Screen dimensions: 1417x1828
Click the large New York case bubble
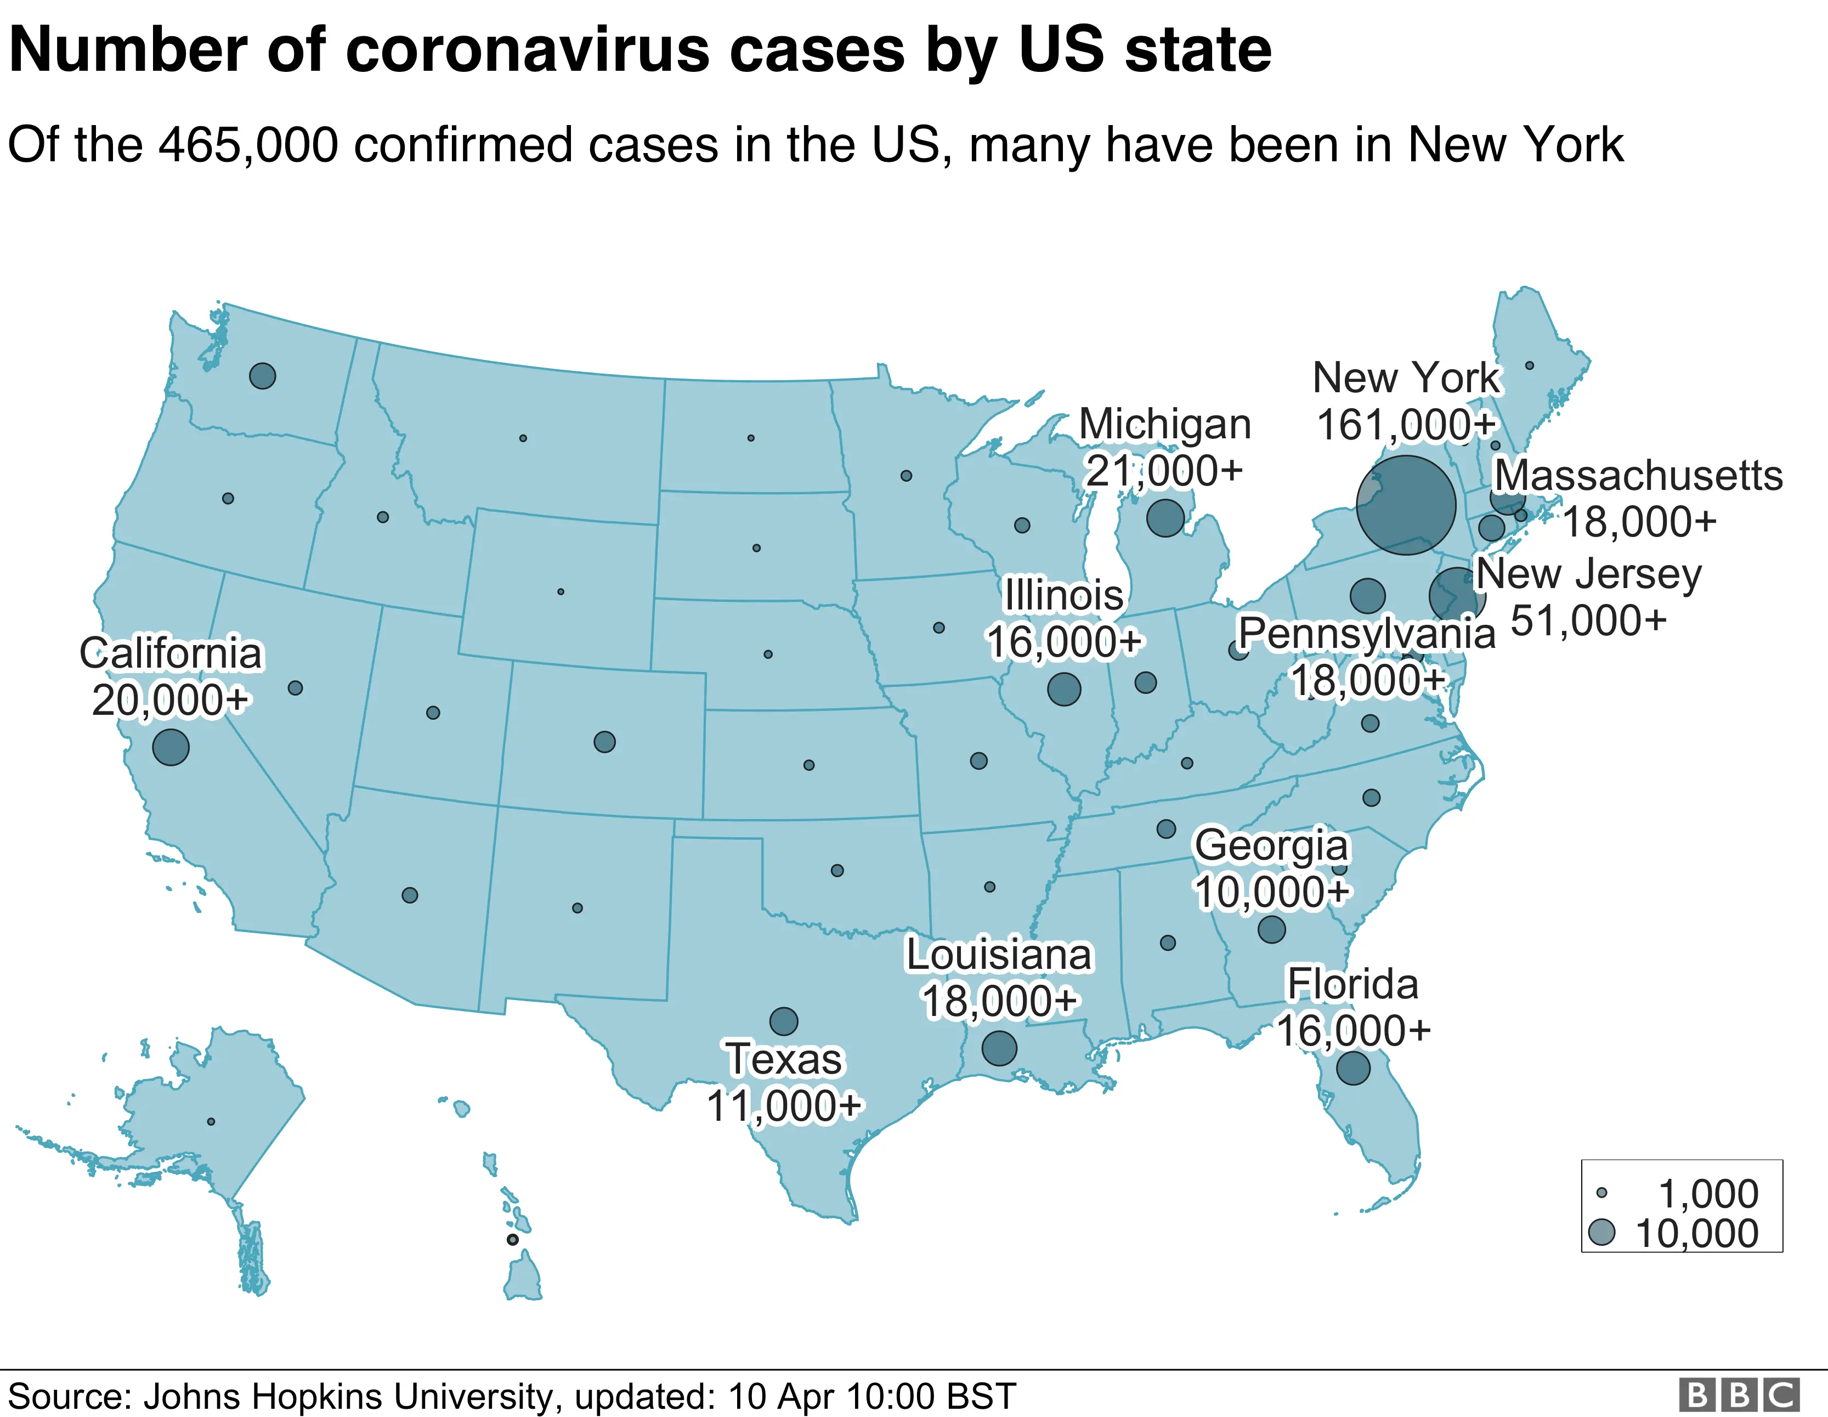[x=1406, y=505]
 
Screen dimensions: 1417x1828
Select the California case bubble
[x=171, y=747]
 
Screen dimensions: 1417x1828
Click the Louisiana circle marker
[x=999, y=1048]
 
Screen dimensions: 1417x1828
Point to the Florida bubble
[x=1354, y=1068]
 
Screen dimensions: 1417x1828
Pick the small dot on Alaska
[x=211, y=1121]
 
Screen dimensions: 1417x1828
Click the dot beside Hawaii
[x=512, y=1240]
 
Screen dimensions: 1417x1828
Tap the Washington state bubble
[x=263, y=376]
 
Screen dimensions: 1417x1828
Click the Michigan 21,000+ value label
[x=1164, y=471]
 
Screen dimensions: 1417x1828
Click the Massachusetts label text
[x=1638, y=476]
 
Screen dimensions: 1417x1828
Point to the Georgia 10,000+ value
[x=1271, y=892]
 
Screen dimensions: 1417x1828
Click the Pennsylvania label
[x=1366, y=634]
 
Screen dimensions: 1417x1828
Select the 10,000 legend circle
[x=1601, y=1232]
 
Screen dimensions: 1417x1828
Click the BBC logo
[x=1739, y=1395]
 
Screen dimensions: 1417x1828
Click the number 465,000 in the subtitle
[x=248, y=145]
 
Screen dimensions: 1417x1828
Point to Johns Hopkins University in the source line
[x=348, y=1397]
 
